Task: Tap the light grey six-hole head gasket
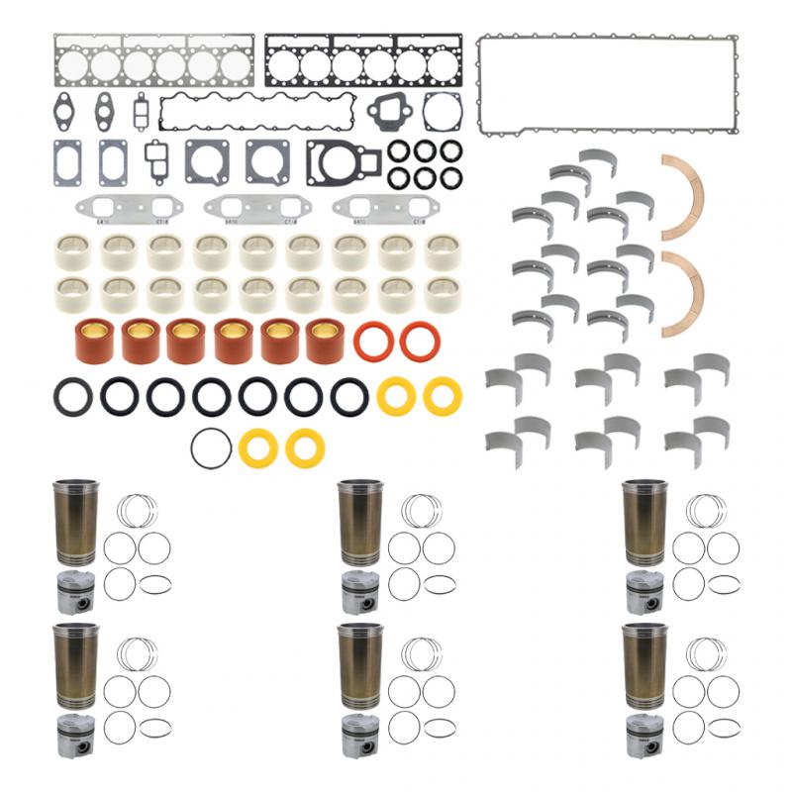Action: (x=152, y=64)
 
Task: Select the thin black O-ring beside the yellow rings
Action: (x=211, y=448)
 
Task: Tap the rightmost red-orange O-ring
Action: (x=420, y=342)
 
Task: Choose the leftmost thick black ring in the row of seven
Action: (x=73, y=397)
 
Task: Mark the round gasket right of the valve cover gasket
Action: (x=441, y=112)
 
